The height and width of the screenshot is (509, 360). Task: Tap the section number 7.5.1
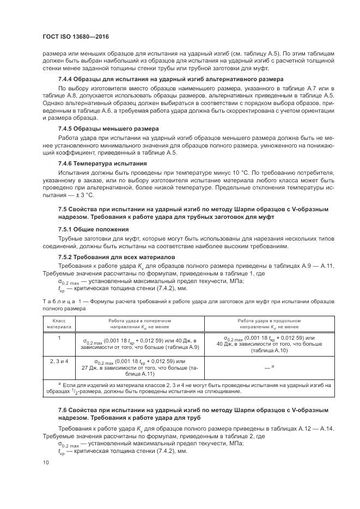point(68,229)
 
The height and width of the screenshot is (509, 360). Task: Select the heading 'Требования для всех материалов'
point(129,256)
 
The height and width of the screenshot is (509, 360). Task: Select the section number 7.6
point(64,409)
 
